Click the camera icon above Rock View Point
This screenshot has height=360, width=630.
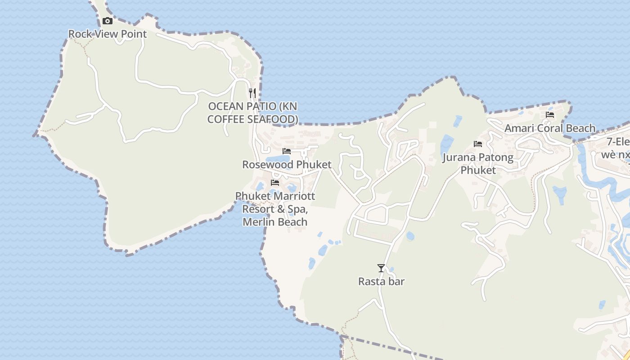107,21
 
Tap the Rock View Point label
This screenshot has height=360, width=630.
107,34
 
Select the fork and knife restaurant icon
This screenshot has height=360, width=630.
252,93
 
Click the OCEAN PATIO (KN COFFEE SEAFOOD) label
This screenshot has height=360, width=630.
252,112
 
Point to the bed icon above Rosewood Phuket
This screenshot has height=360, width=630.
287,151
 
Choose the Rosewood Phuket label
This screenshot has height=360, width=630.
287,164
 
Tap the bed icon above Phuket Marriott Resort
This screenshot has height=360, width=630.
275,183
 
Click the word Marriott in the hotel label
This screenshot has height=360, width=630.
294,196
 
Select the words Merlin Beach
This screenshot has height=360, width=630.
275,222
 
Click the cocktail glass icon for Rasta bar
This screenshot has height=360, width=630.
381,268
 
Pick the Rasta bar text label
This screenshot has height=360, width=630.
381,282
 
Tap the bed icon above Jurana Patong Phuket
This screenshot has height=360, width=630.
478,144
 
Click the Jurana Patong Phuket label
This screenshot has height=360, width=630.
478,163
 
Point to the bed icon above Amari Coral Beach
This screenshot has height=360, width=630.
550,115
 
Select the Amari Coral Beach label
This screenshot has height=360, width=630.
550,128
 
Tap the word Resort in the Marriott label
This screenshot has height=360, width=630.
258,209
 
